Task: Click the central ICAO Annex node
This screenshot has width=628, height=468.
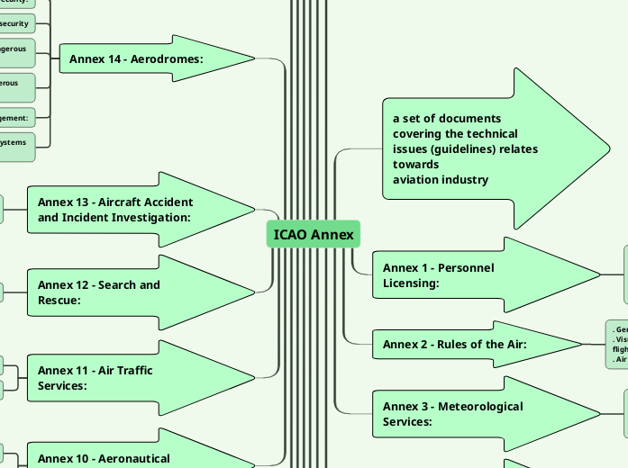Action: [314, 234]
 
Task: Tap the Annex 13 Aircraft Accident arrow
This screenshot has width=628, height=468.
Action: [135, 210]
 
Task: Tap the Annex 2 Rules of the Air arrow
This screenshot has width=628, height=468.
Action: [469, 344]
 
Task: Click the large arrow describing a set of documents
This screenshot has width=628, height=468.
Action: [487, 148]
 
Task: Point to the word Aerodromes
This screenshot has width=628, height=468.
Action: [168, 59]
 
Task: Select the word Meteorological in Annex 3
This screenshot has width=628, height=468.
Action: [479, 406]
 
